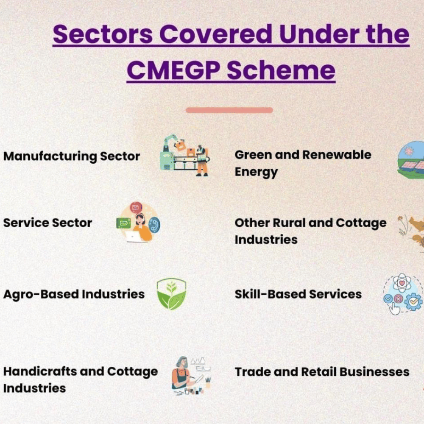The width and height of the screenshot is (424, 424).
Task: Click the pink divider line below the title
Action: pyautogui.click(x=229, y=110)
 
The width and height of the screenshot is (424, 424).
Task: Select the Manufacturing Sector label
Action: pyautogui.click(x=72, y=156)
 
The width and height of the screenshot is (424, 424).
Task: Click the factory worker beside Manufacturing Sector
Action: pyautogui.click(x=202, y=161)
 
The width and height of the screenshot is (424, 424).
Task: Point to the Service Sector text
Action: pyautogui.click(x=47, y=223)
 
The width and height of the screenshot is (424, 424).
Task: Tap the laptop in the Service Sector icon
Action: pyautogui.click(x=133, y=236)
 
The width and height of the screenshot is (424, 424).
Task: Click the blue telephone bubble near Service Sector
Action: pyautogui.click(x=154, y=225)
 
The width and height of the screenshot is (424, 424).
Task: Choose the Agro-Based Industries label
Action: pyautogui.click(x=74, y=294)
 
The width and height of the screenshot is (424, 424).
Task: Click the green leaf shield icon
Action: pyautogui.click(x=171, y=294)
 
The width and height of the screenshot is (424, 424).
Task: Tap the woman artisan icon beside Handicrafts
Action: pyautogui.click(x=182, y=374)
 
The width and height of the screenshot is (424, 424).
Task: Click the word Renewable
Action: pyautogui.click(x=337, y=155)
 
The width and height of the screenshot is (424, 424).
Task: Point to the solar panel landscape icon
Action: pyautogui.click(x=411, y=160)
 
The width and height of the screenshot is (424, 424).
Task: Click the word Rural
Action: pyautogui.click(x=289, y=223)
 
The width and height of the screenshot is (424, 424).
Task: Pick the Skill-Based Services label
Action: pyautogui.click(x=298, y=294)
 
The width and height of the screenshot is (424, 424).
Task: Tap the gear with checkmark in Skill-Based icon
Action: pyautogui.click(x=413, y=301)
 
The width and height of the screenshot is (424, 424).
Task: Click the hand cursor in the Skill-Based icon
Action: pyautogui.click(x=394, y=309)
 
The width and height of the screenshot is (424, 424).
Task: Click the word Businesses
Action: pyautogui.click(x=374, y=372)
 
